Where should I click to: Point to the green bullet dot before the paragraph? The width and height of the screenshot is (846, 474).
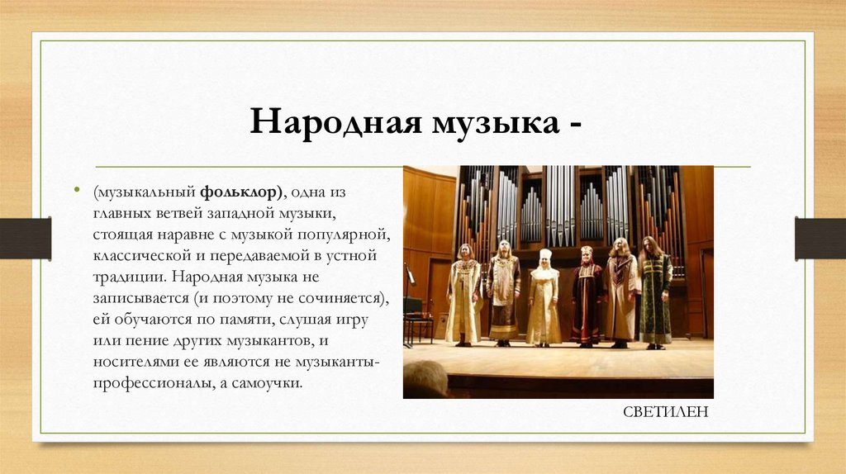coord(80,191)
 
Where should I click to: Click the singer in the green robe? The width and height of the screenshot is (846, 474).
coord(655,292)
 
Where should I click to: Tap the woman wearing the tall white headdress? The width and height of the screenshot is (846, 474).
coord(544,297)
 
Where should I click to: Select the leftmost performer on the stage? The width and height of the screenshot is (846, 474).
coord(463,294)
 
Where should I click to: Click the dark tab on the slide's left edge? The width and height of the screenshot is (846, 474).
coord(25,238)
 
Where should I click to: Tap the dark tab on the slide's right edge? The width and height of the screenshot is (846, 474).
coord(820,238)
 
